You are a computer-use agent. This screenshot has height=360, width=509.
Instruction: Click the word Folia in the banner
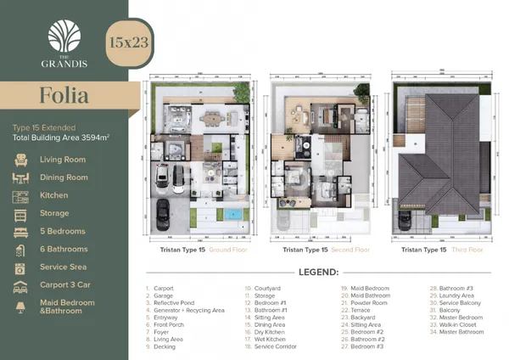click(64, 95)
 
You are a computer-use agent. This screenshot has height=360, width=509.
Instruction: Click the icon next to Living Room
click(22, 160)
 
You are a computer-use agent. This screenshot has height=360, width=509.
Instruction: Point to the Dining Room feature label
click(64, 177)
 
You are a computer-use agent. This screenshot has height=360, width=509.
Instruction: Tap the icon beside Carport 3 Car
click(22, 285)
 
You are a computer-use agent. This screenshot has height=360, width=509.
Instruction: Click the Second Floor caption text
click(350, 250)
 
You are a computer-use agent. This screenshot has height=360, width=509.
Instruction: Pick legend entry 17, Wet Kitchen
click(270, 340)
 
